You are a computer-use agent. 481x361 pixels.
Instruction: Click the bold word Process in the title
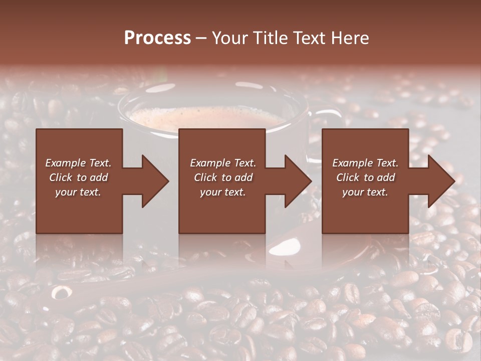(157, 38)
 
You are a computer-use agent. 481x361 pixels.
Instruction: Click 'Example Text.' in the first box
(78, 163)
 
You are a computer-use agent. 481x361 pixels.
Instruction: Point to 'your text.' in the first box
(78, 192)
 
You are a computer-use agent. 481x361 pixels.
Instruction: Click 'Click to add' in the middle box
(223, 177)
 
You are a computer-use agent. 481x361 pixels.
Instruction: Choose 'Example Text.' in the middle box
(223, 163)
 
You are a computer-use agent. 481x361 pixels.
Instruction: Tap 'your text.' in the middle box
(223, 192)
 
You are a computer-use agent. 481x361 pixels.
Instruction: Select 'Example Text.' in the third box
(365, 163)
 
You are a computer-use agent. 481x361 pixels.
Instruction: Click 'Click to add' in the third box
(365, 177)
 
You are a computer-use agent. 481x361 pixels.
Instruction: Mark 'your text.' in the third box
(365, 192)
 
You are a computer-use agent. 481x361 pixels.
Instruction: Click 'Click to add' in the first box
(78, 177)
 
